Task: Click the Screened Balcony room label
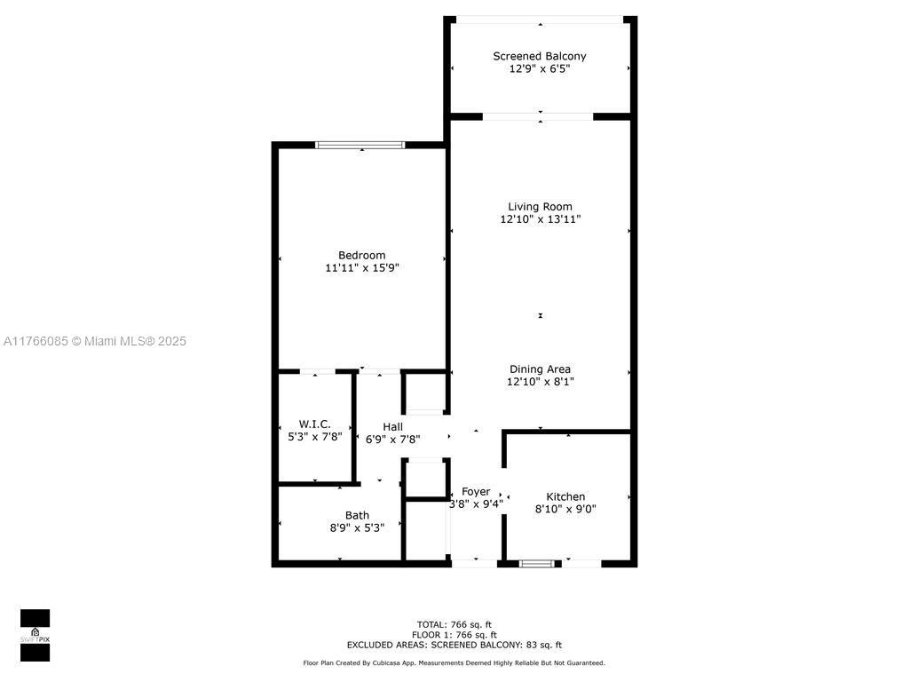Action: tap(539, 56)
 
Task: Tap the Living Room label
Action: tap(540, 206)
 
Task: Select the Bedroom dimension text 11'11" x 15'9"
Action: tap(362, 268)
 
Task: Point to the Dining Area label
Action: tap(540, 369)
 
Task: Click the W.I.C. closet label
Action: tap(315, 424)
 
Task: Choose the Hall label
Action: tap(392, 427)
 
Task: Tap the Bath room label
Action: tap(357, 515)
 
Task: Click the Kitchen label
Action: tap(565, 496)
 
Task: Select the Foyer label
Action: tap(476, 492)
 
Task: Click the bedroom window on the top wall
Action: tap(360, 145)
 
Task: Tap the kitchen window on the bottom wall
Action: tap(537, 563)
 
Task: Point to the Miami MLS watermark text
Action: tap(94, 341)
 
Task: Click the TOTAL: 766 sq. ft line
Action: tap(454, 624)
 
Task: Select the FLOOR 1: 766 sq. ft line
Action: tap(454, 635)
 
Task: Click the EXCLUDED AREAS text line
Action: tap(454, 645)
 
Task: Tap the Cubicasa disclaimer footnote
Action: tap(454, 662)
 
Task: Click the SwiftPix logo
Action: tap(35, 635)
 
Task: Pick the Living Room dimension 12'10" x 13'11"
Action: tap(541, 219)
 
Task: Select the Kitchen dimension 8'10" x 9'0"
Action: tap(565, 509)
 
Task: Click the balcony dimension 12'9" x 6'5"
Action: tap(540, 69)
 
